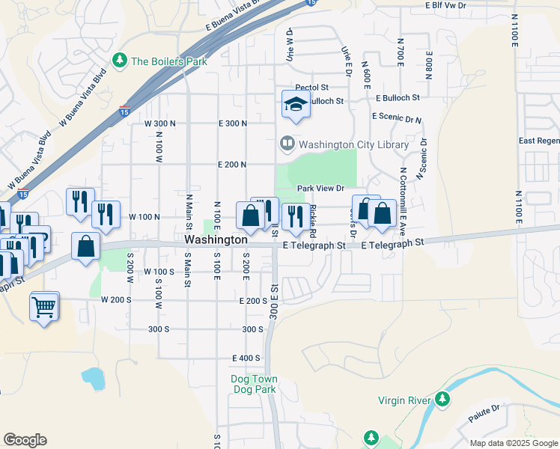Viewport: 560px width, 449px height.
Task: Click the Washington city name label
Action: [216, 240]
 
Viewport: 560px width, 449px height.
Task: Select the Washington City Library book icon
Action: [287, 143]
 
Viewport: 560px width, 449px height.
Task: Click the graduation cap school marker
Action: [296, 104]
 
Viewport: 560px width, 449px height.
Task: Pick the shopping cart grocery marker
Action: [44, 305]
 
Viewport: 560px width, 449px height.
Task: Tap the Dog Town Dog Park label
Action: [253, 384]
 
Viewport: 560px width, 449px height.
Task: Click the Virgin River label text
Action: [404, 401]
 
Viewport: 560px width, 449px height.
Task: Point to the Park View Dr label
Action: [320, 189]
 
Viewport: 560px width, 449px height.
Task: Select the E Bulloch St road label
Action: [398, 98]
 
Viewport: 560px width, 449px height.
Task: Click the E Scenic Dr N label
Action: [397, 117]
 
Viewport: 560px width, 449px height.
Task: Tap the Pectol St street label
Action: [311, 88]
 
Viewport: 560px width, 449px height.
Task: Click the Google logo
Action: [25, 440]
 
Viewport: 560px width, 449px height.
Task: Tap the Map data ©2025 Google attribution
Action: [513, 443]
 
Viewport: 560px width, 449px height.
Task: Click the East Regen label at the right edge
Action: [538, 141]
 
